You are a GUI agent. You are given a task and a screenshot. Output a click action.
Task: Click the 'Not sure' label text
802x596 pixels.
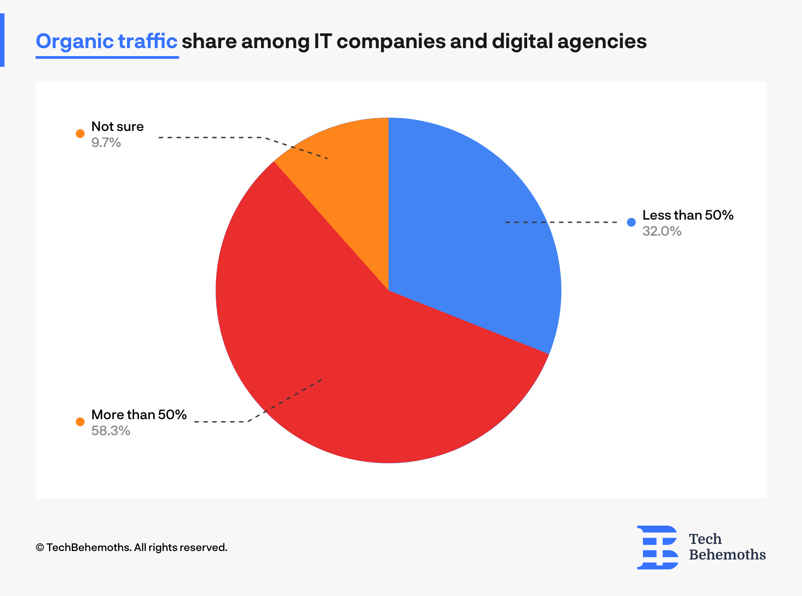point(117,127)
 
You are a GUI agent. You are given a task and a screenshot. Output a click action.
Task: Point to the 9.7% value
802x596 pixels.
point(106,143)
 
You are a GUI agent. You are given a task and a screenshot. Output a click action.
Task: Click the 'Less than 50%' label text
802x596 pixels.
point(687,215)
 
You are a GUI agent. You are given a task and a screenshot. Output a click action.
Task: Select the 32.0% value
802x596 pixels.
point(662,231)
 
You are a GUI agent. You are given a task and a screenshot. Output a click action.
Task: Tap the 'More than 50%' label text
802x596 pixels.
point(139,415)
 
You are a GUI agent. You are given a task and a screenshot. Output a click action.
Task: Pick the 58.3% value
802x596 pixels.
point(110,431)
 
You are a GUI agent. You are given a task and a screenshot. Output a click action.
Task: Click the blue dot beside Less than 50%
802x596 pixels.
point(631,222)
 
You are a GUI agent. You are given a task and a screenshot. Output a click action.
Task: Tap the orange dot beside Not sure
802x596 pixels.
point(80,133)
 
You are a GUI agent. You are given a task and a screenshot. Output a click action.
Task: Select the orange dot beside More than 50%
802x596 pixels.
point(80,421)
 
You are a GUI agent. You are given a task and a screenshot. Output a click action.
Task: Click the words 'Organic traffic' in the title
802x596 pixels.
point(106,41)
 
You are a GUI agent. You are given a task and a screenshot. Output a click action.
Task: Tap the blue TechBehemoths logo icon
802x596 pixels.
point(658,547)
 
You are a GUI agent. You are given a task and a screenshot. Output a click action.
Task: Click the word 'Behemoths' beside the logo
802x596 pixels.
point(727,555)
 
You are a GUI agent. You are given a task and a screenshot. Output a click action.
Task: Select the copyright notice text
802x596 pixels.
point(131,547)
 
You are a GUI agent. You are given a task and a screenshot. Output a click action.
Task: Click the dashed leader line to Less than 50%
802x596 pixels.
point(561,222)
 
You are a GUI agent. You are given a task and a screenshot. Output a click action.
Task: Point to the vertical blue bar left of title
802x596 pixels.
point(2,40)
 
